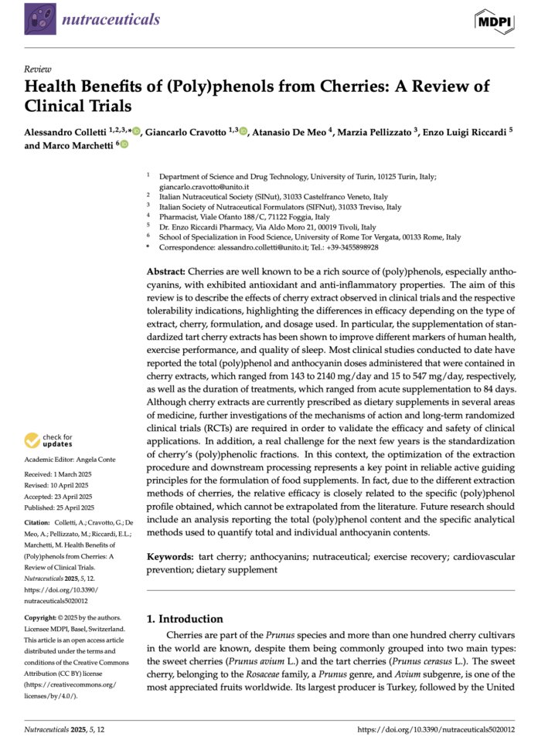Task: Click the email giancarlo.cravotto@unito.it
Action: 204,187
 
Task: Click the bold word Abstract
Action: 166,273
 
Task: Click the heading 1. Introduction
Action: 185,619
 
